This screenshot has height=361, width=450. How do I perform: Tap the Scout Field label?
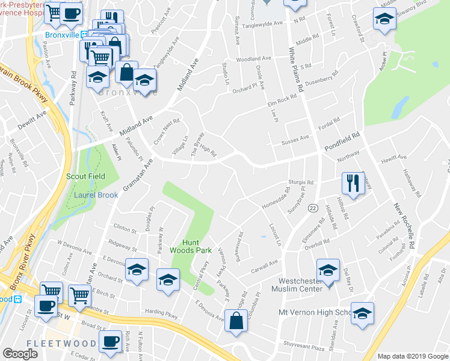[85, 176]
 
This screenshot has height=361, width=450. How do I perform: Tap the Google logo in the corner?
[20, 354]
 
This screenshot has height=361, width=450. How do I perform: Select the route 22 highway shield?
[313, 208]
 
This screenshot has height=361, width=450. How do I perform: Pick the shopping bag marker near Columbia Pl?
[235, 321]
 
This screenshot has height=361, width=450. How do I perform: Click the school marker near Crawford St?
[384, 19]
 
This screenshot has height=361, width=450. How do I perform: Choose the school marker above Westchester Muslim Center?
[328, 269]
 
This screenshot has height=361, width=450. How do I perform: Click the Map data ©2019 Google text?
[411, 356]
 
